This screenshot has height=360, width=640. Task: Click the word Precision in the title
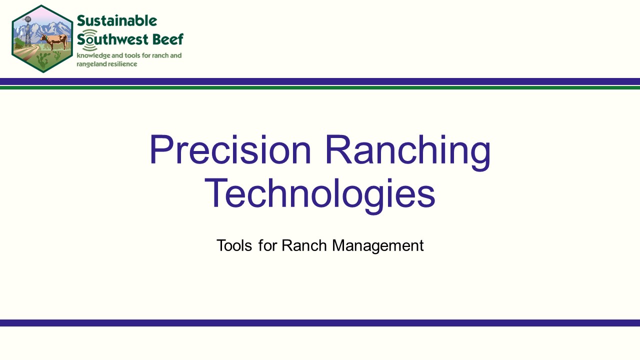230,149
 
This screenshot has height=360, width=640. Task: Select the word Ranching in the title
408,152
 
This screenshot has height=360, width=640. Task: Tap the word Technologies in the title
320,196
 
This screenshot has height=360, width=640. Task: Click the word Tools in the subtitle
234,245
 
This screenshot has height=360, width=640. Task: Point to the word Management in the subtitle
378,245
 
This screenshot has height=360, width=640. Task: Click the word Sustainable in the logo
117,20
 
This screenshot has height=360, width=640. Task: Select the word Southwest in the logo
112,39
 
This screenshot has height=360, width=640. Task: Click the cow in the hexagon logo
55,41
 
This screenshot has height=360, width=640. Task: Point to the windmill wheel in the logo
27,19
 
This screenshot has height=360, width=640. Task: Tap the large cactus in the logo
43,60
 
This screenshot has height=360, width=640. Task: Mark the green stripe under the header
320,87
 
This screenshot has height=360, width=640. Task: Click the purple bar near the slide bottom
320,323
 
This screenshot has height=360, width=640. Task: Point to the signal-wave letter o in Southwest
90,39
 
